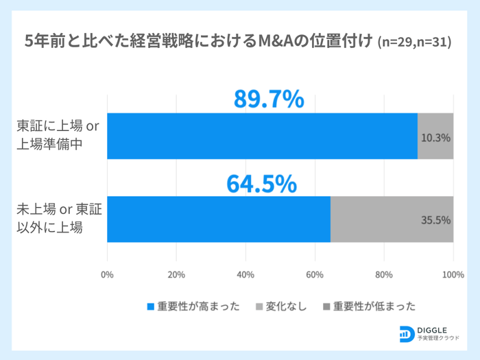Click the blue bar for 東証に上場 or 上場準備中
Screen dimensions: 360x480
pos(262,136)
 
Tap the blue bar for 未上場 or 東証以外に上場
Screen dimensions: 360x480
pos(219,219)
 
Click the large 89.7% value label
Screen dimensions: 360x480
pos(269,99)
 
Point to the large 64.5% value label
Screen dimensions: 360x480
pos(261,184)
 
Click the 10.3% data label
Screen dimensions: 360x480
pos(435,137)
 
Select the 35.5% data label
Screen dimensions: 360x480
pos(435,220)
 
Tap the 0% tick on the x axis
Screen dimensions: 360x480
pos(107,275)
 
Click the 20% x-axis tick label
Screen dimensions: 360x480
pos(176,275)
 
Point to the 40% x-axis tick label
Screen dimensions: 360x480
pos(245,275)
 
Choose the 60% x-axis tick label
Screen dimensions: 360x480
pos(315,275)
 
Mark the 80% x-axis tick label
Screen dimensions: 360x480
pos(384,275)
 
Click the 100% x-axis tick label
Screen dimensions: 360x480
pos(453,275)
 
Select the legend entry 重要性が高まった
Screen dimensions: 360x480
pos(194,306)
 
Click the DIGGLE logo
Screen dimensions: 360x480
pos(432,334)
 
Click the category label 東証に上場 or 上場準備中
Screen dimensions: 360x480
pos(59,136)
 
